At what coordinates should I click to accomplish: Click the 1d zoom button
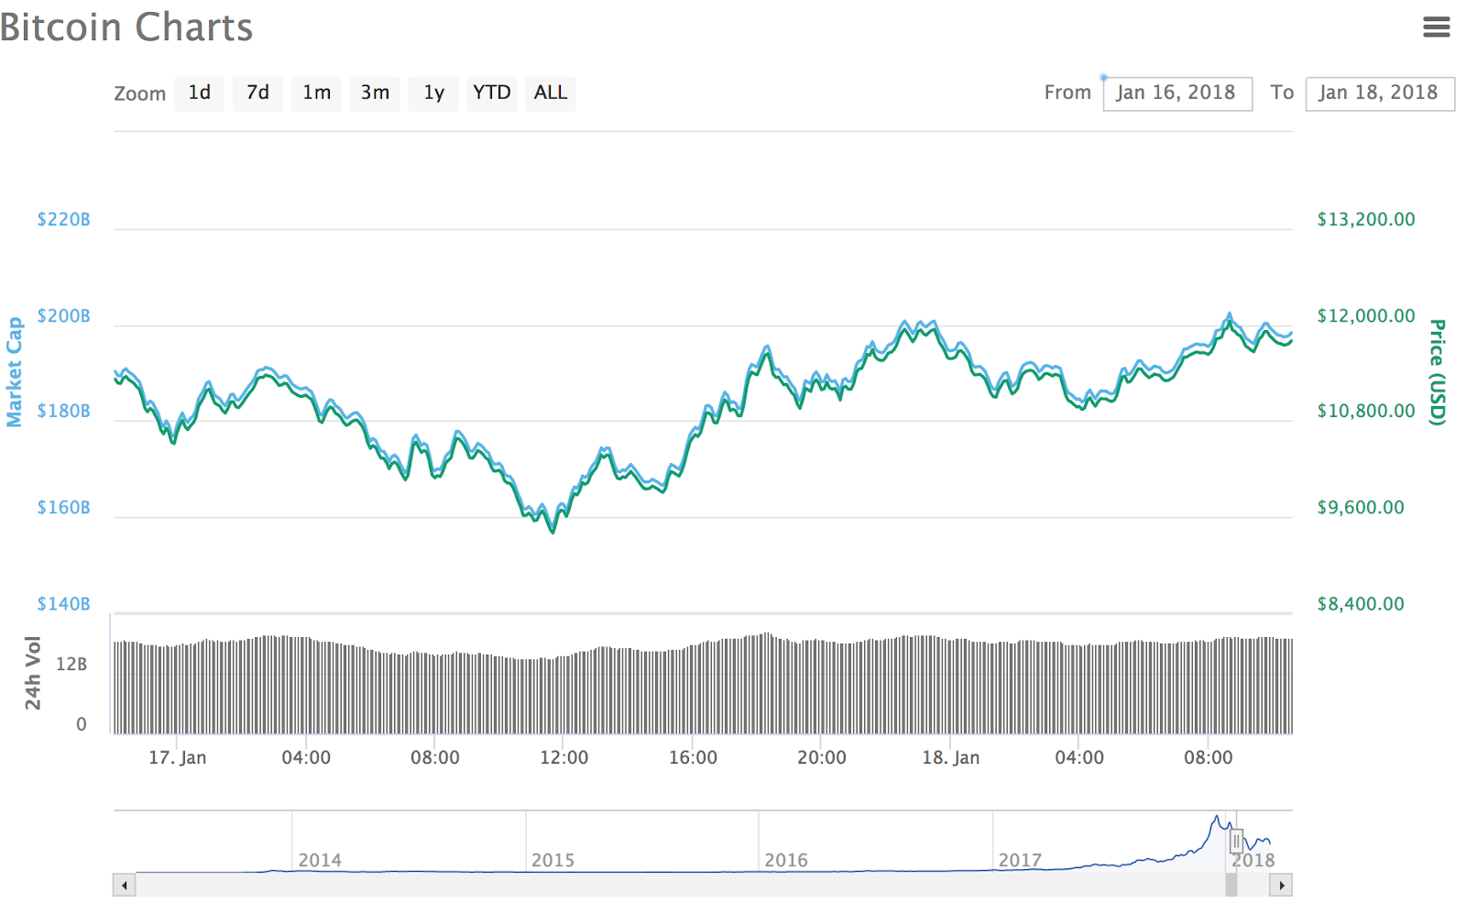click(199, 93)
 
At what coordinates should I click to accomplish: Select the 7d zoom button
click(257, 93)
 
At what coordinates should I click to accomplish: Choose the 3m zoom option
click(375, 93)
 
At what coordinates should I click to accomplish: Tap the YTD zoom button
click(491, 93)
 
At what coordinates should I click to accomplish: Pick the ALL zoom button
click(550, 93)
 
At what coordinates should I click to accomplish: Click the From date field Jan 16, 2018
click(1176, 94)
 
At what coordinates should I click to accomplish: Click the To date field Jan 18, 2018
click(1379, 94)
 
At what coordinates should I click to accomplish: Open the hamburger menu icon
click(1436, 28)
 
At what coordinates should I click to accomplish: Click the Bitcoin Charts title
click(126, 28)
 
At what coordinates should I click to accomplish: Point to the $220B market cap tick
click(63, 219)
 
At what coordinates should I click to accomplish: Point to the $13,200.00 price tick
click(1365, 219)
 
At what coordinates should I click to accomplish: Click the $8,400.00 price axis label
click(1360, 603)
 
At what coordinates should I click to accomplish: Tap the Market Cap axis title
click(14, 371)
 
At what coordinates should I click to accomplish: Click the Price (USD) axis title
click(1438, 371)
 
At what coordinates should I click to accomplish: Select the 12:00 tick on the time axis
click(563, 757)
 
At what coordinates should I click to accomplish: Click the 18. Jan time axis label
click(950, 757)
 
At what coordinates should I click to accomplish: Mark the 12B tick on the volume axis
click(71, 664)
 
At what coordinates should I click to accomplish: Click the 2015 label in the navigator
click(552, 860)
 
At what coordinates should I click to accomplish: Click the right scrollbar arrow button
click(1281, 885)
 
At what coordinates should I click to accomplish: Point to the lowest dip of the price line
click(552, 532)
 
